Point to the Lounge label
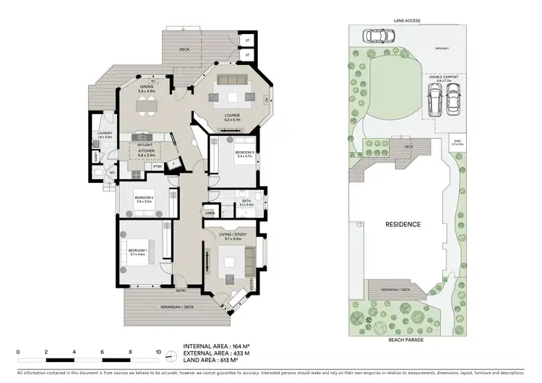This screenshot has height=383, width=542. (x=232, y=115)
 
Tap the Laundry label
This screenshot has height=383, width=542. (x=105, y=134)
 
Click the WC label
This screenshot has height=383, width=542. (x=113, y=173)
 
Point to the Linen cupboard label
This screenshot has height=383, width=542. (x=210, y=212)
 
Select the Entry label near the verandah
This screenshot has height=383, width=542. (x=180, y=291)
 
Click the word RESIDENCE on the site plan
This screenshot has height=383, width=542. (x=402, y=224)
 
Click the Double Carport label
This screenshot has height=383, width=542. (x=443, y=77)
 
